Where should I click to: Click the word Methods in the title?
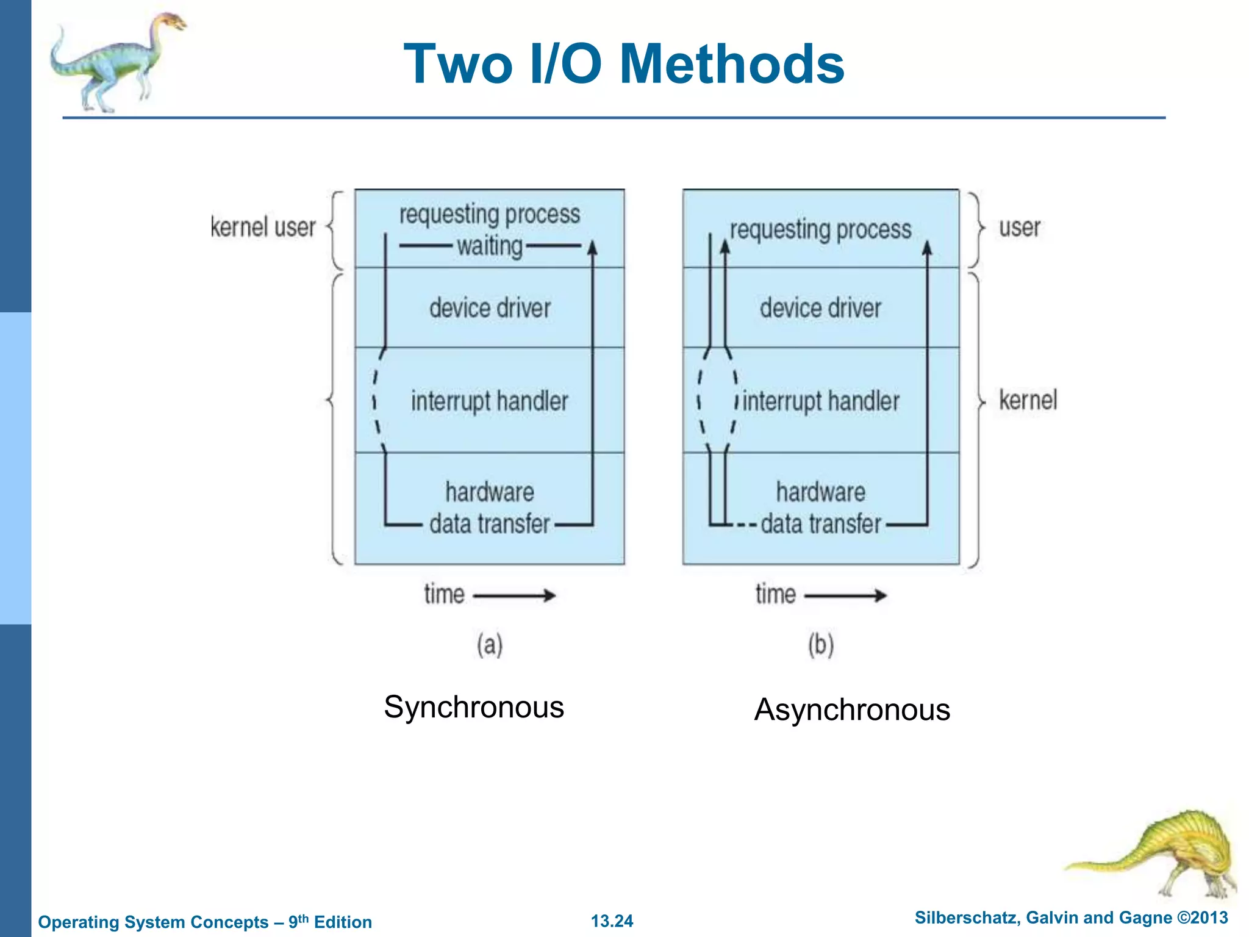[731, 65]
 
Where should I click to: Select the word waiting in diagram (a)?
[490, 246]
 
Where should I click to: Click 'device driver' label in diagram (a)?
[490, 308]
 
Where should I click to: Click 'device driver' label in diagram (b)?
[820, 308]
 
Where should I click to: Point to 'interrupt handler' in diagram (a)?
[489, 401]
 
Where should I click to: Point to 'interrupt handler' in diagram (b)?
[821, 401]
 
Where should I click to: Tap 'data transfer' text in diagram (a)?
[490, 524]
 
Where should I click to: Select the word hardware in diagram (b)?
[820, 492]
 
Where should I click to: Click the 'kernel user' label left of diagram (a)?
[263, 228]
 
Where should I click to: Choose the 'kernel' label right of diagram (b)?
[1028, 400]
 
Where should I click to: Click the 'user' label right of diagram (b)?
[1019, 228]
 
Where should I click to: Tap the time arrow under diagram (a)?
[514, 595]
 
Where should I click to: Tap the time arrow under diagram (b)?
[845, 595]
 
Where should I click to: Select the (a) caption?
[490, 645]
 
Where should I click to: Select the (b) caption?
[821, 645]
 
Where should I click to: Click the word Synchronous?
[474, 708]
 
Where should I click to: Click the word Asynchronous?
[852, 710]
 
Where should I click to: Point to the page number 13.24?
[612, 921]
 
